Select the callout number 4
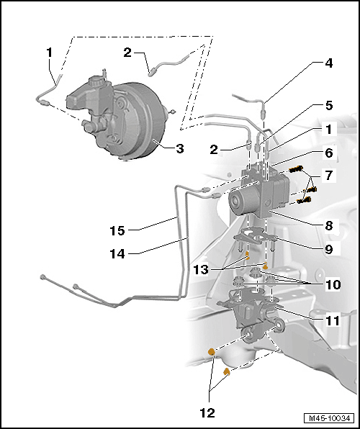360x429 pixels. [328, 63]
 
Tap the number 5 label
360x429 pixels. [328, 105]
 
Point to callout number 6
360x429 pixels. [328, 153]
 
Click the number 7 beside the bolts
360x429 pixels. [328, 176]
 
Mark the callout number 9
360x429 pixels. [328, 250]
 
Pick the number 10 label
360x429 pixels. [333, 284]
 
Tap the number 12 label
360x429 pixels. [207, 414]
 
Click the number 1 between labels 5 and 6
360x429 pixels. [328, 129]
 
